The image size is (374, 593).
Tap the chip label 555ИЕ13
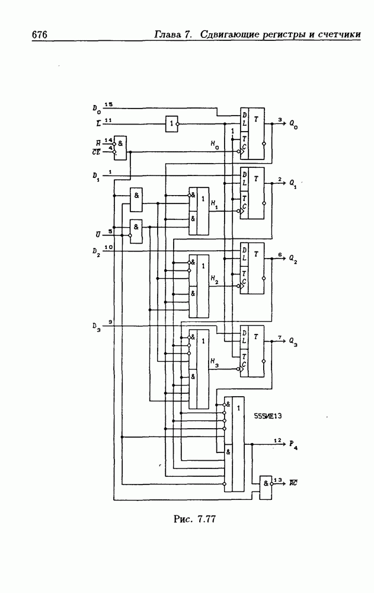[x=267, y=416]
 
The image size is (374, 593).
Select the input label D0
[x=97, y=109]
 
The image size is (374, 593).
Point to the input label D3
[x=97, y=327]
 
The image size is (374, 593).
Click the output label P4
[x=293, y=445]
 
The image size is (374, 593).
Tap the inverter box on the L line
[x=171, y=124]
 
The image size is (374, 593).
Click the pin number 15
[x=108, y=104]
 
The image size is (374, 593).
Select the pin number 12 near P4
[x=277, y=441]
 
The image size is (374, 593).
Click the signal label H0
[x=214, y=144]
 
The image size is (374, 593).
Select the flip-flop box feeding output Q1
[x=252, y=193]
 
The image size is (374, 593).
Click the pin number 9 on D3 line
[x=110, y=321]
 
